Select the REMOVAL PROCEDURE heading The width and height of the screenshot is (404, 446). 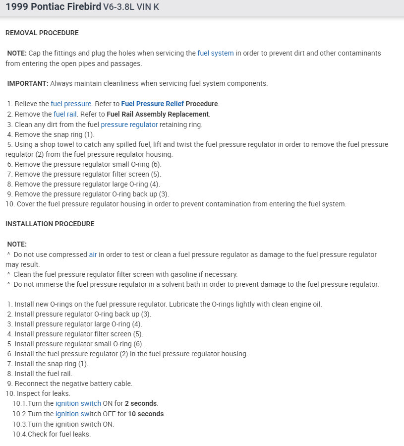[x=42, y=33]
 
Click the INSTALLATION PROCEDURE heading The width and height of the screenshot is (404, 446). [x=50, y=224]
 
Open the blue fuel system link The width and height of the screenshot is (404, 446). [x=216, y=53]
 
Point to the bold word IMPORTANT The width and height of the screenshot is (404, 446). [x=27, y=83]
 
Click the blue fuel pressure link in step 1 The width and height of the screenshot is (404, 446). [x=71, y=104]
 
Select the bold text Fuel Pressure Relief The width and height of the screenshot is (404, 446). [x=152, y=104]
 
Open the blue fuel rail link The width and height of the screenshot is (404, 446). [x=65, y=114]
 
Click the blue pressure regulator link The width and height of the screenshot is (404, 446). [x=129, y=125]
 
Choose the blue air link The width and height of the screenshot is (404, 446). [x=93, y=254]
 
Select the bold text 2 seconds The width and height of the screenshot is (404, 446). [x=141, y=403]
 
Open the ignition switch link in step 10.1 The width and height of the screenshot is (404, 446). [x=78, y=403]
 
